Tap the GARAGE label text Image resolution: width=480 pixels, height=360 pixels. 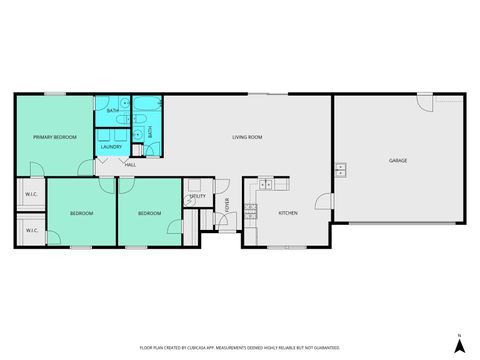click(398, 160)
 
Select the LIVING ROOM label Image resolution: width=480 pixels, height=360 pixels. click(247, 137)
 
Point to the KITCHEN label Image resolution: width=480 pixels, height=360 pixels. click(288, 213)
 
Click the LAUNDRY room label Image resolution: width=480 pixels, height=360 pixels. click(110, 148)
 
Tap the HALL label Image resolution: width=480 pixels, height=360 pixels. click(130, 164)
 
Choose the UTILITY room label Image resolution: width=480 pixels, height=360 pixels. click(198, 196)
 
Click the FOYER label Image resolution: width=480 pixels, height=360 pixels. click(227, 206)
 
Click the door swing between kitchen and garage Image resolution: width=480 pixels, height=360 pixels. click(323, 201)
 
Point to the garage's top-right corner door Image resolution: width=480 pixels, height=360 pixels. click(426, 102)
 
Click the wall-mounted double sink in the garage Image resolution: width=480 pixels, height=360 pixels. click(340, 168)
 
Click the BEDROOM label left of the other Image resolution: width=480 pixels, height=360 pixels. click(82, 214)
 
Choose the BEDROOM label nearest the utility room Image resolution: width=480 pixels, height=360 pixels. click(150, 214)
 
